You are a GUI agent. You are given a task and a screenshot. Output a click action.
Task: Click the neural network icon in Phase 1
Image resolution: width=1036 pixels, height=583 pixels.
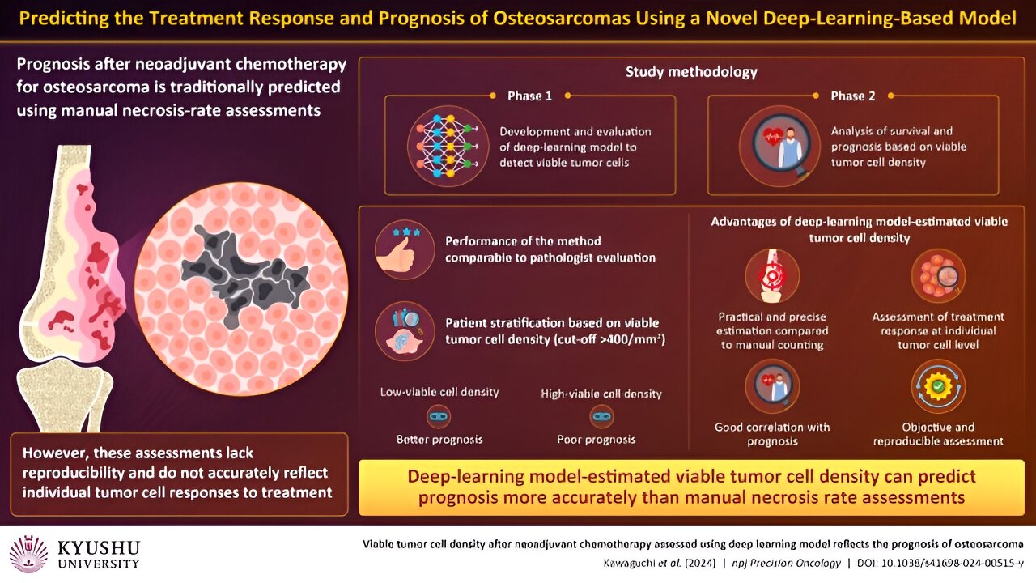(448, 146)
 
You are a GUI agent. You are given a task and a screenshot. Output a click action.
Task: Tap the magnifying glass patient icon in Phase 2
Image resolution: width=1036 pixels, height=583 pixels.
(779, 146)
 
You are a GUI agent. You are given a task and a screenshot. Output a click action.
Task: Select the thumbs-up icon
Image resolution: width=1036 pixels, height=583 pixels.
(405, 249)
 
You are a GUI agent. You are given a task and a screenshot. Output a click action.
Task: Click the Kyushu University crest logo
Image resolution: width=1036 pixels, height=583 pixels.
(28, 554)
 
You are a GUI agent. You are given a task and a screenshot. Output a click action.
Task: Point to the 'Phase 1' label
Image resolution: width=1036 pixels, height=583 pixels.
(529, 96)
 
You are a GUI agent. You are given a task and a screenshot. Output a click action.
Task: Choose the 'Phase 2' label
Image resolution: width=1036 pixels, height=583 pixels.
(853, 96)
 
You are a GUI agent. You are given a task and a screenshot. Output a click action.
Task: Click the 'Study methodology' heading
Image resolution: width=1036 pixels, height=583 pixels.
(691, 72)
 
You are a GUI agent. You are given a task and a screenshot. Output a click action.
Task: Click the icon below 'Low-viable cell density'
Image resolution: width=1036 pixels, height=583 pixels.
(439, 416)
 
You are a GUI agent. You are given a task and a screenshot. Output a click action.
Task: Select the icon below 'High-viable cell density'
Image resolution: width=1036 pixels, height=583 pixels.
(601, 416)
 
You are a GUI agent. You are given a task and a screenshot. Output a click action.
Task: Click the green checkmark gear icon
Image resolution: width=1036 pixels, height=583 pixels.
(938, 386)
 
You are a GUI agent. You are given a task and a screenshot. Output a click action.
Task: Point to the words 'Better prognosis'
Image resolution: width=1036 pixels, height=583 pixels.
(439, 440)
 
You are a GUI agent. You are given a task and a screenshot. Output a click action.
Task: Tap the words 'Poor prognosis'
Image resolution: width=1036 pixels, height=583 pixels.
(597, 440)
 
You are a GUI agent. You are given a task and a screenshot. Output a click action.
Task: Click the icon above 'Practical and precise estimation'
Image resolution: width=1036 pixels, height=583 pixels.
(772, 276)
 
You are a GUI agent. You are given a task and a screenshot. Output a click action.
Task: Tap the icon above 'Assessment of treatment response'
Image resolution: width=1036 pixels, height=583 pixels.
(938, 276)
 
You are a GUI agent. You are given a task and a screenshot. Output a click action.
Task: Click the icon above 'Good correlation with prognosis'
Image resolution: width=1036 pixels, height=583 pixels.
(772, 386)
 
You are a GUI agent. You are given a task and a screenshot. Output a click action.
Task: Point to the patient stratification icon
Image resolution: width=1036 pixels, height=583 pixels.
(405, 331)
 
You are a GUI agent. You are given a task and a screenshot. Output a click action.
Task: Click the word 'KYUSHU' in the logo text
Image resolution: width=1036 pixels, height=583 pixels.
(99, 548)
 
